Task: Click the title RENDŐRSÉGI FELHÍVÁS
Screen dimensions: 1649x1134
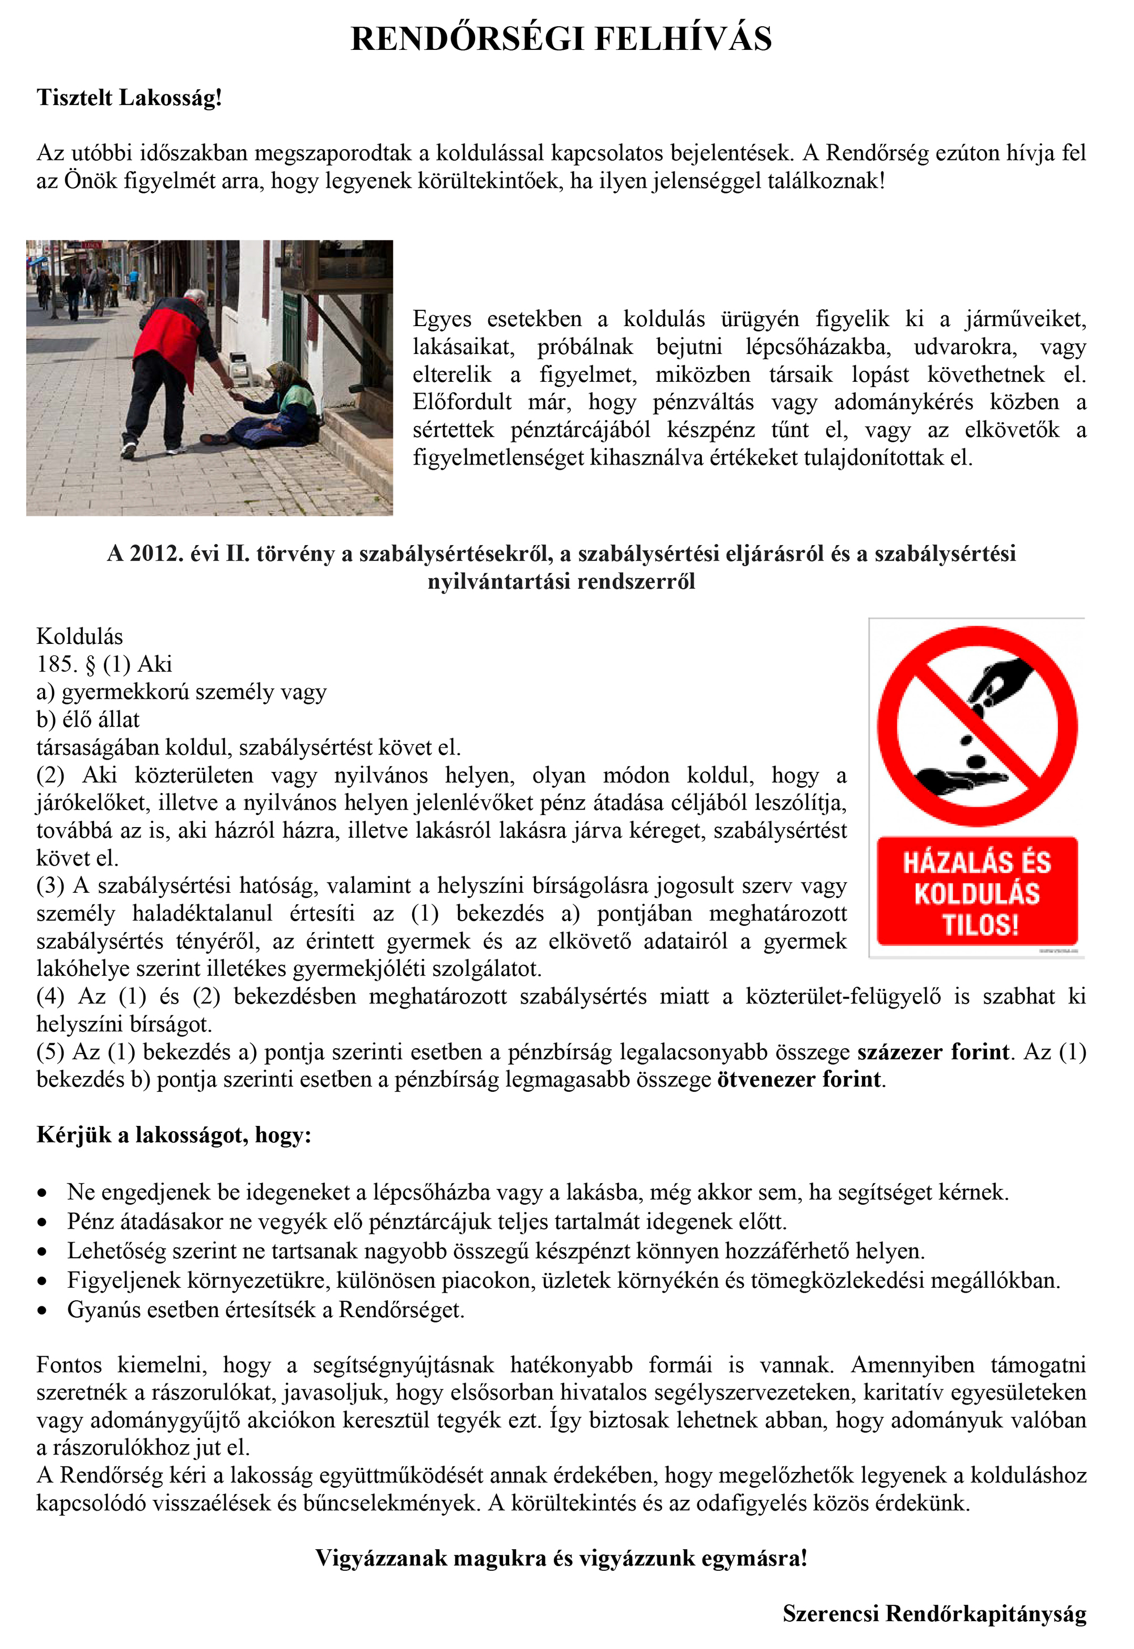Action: click(561, 39)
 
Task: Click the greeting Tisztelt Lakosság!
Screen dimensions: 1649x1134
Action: click(129, 98)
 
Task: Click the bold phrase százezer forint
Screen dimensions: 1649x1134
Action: click(932, 1051)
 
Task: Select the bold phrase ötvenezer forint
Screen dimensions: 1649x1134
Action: click(799, 1079)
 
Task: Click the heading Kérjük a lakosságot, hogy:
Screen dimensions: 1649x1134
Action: click(174, 1135)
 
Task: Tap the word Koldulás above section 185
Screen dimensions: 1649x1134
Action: click(79, 636)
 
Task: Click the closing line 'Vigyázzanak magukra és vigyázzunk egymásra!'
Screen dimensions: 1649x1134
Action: click(561, 1558)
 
